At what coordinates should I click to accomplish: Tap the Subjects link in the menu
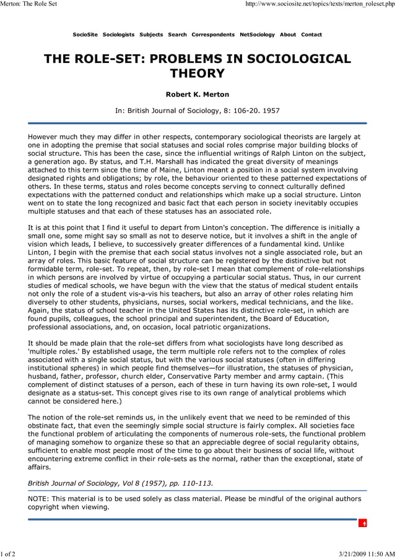point(151,35)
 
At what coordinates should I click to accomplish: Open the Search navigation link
point(177,35)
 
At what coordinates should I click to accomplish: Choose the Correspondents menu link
point(213,35)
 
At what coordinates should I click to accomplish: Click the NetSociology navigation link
point(257,35)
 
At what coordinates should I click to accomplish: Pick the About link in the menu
point(288,35)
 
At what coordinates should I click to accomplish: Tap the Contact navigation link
point(311,35)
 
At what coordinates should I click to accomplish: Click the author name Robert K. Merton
point(197,95)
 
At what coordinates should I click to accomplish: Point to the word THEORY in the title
point(197,74)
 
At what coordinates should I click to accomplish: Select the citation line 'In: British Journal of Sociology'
point(197,111)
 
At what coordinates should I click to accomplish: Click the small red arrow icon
point(365,523)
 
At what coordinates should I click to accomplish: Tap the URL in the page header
point(320,5)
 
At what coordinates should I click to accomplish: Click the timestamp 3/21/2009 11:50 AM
point(366,552)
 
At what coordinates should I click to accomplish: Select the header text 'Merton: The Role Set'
point(28,5)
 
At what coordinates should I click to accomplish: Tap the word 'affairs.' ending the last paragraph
point(41,468)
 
